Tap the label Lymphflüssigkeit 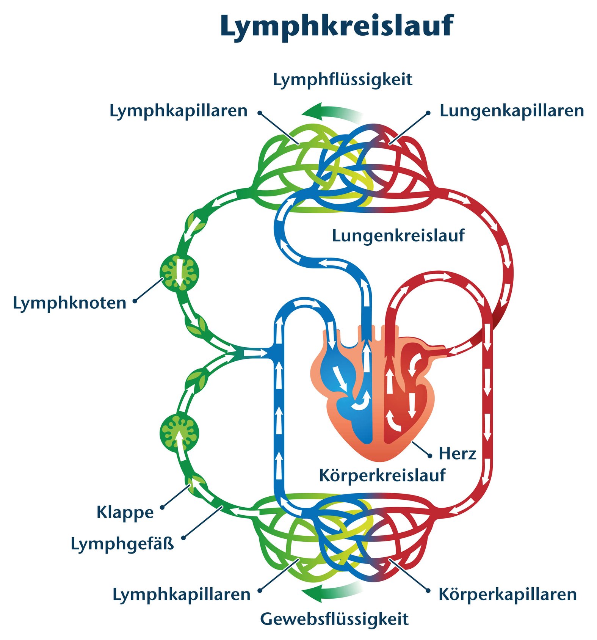coord(342,80)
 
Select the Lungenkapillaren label coord(511,111)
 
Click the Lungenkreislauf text coord(398,235)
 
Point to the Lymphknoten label coord(69,303)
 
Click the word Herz coord(457,453)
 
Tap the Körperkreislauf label coord(382,475)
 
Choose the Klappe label coord(125,512)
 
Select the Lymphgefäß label coord(122,544)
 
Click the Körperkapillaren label coord(508,594)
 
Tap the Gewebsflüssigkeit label coord(334,619)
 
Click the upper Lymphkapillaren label coord(178,111)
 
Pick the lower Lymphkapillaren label coord(181,594)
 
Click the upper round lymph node coord(179,272)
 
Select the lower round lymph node coord(179,433)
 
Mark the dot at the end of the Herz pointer coord(430,456)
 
